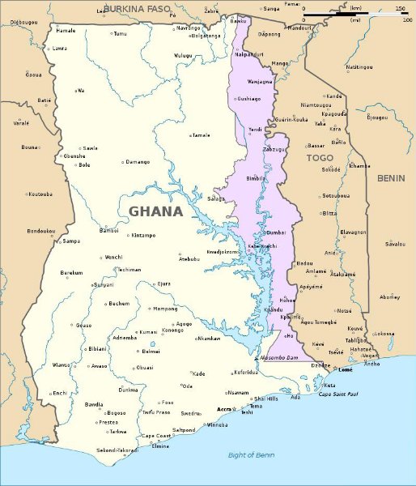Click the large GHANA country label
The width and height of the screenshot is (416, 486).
click(155, 211)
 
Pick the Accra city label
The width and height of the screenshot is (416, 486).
click(224, 410)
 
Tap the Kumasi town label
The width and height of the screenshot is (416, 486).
click(148, 332)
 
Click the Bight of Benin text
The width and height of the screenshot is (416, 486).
click(251, 455)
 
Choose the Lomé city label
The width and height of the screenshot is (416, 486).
click(345, 369)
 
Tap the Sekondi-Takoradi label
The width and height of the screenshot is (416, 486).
click(116, 450)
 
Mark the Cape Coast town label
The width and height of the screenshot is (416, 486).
click(157, 436)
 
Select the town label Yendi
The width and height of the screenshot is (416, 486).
click(255, 129)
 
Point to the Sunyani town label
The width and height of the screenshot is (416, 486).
click(103, 285)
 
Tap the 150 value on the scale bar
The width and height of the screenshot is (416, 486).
click(401, 8)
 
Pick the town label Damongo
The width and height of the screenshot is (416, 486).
click(137, 162)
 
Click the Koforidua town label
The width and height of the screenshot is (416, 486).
click(246, 373)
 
